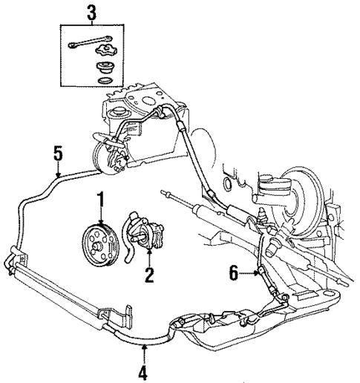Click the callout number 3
91,12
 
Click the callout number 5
58,156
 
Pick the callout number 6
234,273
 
